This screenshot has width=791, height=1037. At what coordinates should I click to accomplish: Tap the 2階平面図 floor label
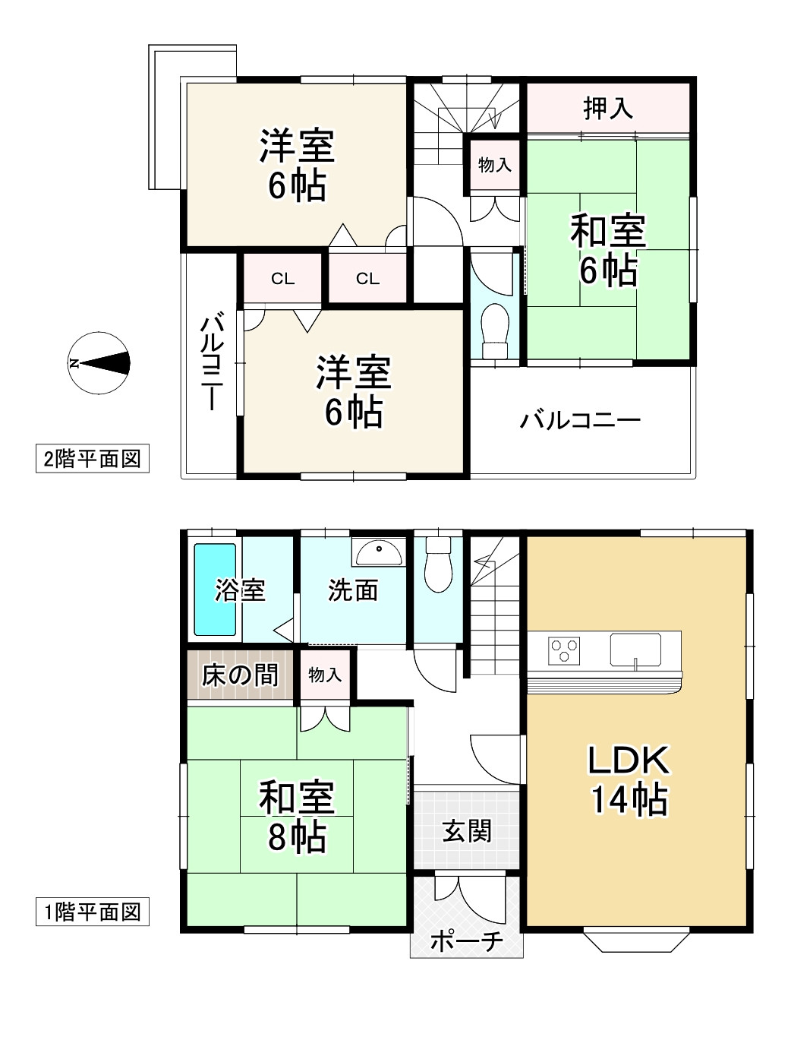92,459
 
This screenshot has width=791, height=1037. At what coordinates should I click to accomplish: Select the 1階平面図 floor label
92,912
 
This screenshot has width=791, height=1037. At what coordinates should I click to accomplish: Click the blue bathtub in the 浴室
215,590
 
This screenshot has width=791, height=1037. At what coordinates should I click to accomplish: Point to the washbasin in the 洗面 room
379,552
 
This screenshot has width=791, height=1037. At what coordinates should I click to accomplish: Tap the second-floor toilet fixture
494,331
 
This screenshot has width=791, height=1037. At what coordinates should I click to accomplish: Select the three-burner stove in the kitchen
565,651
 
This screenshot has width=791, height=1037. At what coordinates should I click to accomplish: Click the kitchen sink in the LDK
635,650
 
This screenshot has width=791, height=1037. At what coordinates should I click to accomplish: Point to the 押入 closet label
608,109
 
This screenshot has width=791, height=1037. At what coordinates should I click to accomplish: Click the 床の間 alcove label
240,675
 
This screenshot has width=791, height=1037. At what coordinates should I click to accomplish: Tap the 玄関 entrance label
467,830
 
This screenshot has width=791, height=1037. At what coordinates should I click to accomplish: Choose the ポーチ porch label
466,941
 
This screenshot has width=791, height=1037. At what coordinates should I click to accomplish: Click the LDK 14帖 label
629,779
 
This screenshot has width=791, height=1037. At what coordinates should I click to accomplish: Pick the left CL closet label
282,279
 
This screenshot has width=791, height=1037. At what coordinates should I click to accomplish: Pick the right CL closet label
367,279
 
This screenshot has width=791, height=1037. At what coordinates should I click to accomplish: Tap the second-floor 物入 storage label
494,164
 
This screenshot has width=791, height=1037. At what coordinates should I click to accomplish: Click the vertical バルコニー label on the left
210,362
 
